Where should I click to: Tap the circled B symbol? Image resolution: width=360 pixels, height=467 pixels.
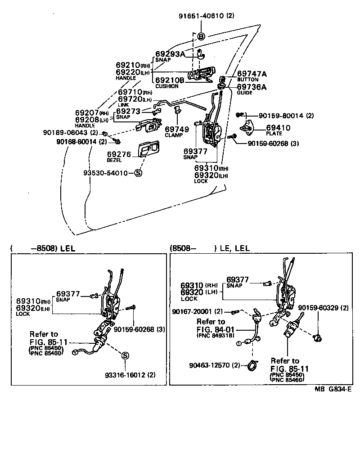201,36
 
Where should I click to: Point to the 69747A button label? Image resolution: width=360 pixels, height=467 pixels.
252,73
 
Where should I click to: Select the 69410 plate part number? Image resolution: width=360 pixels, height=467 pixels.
278,128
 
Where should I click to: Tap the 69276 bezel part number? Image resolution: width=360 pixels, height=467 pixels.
118,154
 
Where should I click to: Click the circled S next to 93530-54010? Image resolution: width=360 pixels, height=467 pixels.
138,173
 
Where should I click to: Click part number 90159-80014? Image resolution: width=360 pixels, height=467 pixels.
275,116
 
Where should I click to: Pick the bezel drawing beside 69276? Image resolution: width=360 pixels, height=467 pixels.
149,150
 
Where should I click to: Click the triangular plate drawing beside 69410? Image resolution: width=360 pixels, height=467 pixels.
247,127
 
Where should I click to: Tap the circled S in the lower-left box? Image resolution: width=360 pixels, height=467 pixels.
125,355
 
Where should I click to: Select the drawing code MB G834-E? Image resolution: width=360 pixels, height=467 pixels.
333,390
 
